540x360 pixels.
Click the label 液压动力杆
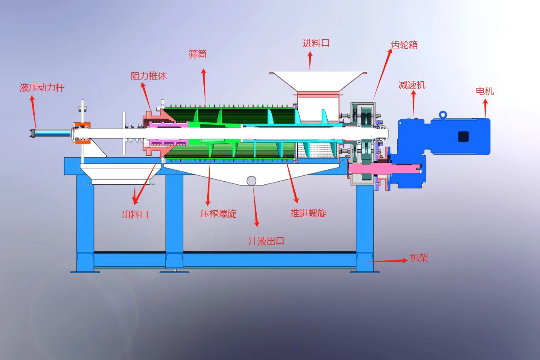[x=42, y=88]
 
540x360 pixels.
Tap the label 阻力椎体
[x=149, y=76]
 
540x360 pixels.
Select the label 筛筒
[x=197, y=54]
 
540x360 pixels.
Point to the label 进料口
[x=316, y=44]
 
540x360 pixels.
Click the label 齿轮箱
[x=404, y=45]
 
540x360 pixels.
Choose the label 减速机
[x=412, y=85]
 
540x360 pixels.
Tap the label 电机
[x=485, y=91]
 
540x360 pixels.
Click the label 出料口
[x=135, y=215]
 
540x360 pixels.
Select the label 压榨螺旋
[x=218, y=214]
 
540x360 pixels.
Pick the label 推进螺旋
[x=308, y=213]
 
